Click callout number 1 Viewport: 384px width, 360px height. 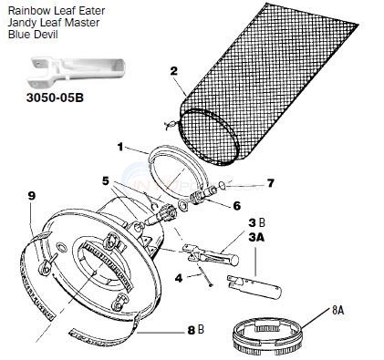coord(119,146)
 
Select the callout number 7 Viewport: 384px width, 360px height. coord(269,183)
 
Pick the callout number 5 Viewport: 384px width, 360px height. coord(107,180)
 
